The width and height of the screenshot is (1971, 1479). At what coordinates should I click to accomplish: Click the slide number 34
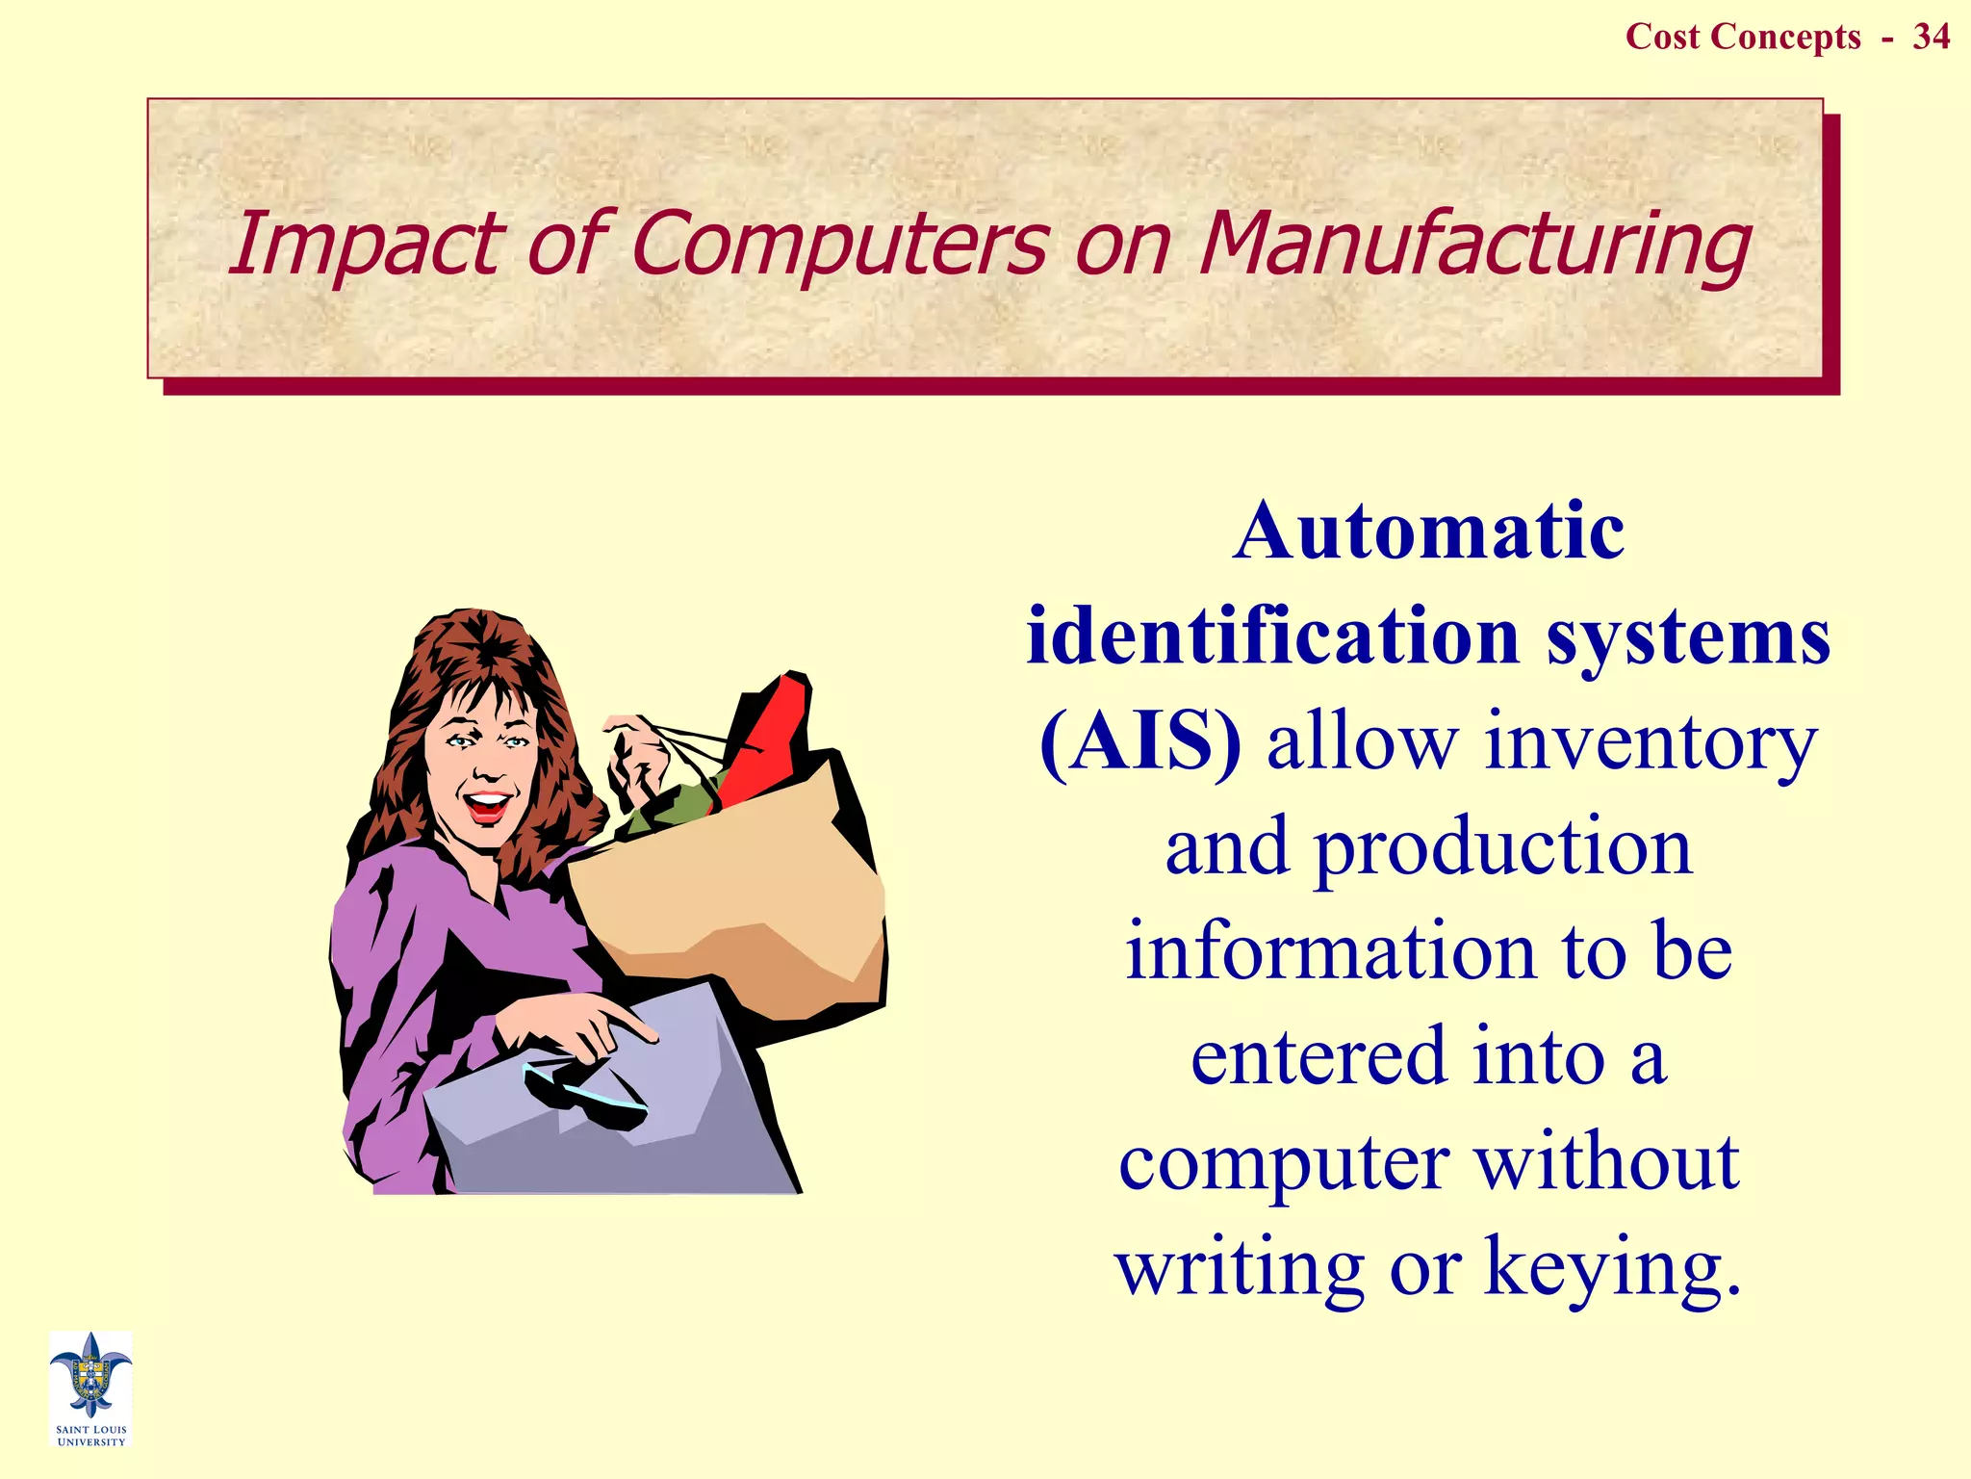click(x=1931, y=37)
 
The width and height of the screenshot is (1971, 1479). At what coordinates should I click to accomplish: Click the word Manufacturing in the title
click(x=1473, y=244)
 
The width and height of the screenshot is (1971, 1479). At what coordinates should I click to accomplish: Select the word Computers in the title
click(x=839, y=244)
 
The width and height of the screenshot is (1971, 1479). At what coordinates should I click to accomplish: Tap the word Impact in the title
click(x=363, y=246)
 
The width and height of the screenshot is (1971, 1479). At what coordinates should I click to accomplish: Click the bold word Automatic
click(x=1428, y=532)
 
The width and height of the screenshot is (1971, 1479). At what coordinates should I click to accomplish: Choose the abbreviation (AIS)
click(x=1139, y=743)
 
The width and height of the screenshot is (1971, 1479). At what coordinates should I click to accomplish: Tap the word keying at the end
click(x=1612, y=1267)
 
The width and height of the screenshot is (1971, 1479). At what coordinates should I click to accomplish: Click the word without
click(x=1607, y=1162)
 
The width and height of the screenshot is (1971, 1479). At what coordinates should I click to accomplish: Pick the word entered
click(x=1318, y=1057)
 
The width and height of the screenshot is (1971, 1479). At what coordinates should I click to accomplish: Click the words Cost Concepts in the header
click(x=1743, y=37)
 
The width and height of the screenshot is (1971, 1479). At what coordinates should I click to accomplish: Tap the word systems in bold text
click(x=1688, y=637)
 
